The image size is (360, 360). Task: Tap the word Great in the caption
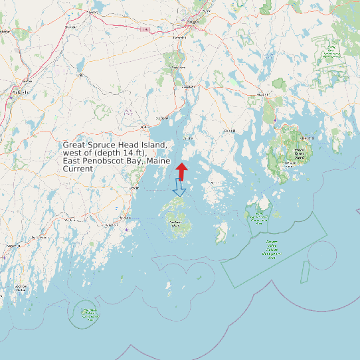coord(75,145)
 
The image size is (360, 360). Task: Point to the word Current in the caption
coord(78,169)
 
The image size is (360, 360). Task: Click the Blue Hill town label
coord(230,131)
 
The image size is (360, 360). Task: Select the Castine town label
coord(187,137)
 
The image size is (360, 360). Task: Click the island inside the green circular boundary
coord(86,311)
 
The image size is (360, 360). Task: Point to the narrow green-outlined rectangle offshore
coord(306,268)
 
